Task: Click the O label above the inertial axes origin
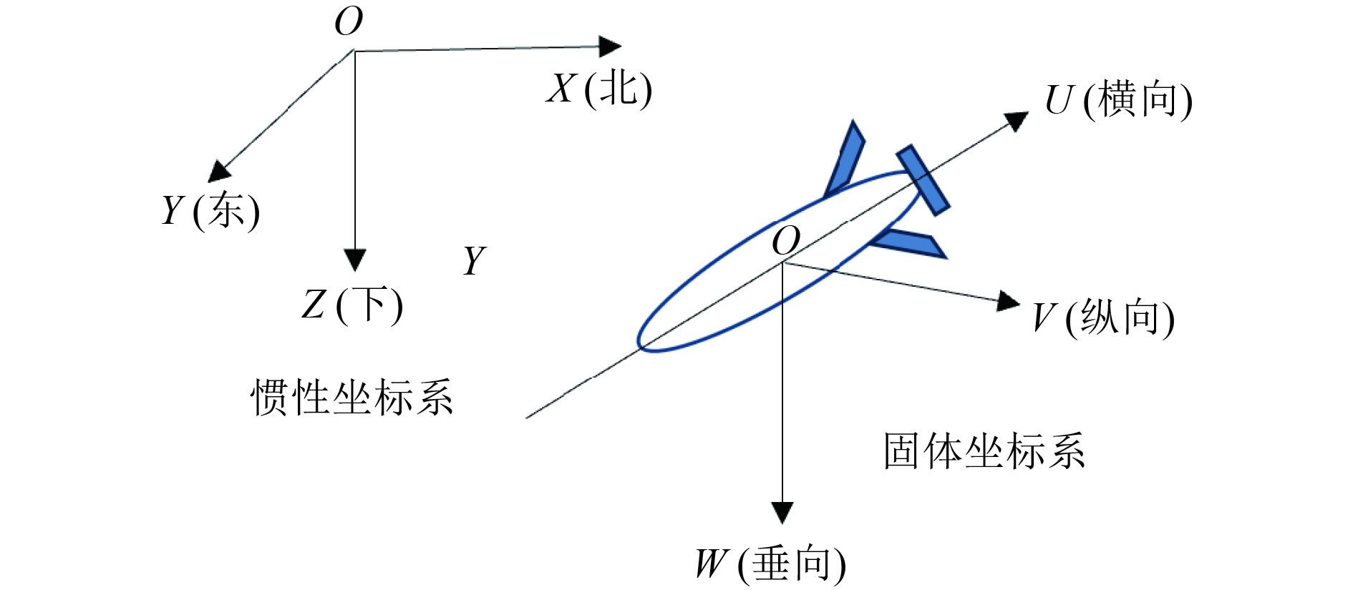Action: (x=349, y=22)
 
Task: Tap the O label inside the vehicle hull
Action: (x=785, y=241)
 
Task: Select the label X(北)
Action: (x=599, y=89)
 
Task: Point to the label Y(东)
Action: (x=210, y=211)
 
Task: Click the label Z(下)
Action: (x=352, y=305)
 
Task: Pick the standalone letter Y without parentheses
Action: (x=474, y=260)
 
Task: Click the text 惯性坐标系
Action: (x=351, y=398)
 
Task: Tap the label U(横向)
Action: (x=1118, y=100)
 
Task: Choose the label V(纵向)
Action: (x=1103, y=318)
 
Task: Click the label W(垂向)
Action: (x=770, y=564)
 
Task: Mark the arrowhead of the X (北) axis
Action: (x=609, y=46)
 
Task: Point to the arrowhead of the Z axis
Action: (x=355, y=260)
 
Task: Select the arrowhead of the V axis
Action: (x=1009, y=301)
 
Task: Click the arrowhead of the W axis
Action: (x=782, y=512)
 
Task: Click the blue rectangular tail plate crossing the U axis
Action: (x=923, y=180)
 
